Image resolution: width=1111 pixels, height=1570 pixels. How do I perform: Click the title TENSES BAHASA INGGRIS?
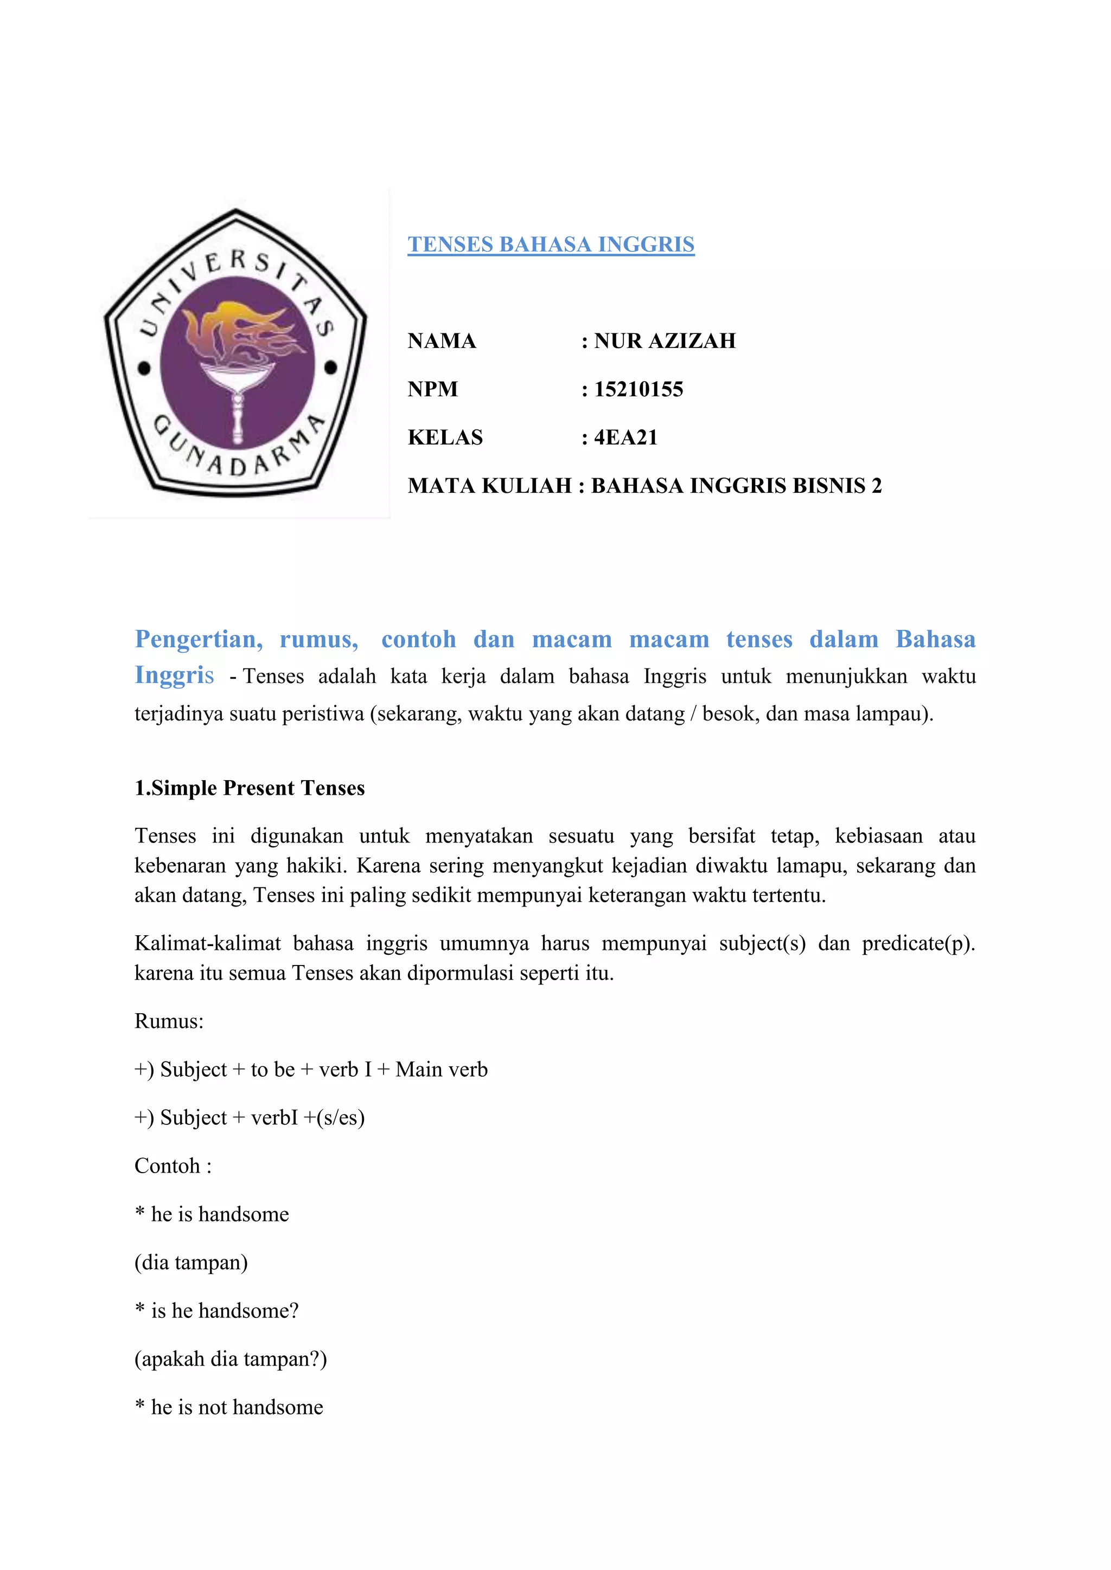pos(551,245)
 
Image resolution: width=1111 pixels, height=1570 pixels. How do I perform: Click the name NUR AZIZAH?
pos(665,340)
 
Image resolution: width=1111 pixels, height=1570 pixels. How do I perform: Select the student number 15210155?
pos(638,389)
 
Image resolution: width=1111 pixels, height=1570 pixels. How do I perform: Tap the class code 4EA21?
pos(625,437)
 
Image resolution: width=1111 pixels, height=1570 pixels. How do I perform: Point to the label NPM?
pos(432,389)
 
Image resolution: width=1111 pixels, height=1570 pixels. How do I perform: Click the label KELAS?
pos(445,437)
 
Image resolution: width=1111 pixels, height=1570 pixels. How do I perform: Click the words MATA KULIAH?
pos(489,486)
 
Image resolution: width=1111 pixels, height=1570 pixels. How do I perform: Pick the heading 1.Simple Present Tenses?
pos(250,788)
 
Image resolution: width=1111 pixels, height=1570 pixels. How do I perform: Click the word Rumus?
pos(169,1021)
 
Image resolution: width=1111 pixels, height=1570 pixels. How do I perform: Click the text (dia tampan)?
pos(191,1262)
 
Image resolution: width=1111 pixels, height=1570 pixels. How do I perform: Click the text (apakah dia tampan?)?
pos(231,1358)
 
